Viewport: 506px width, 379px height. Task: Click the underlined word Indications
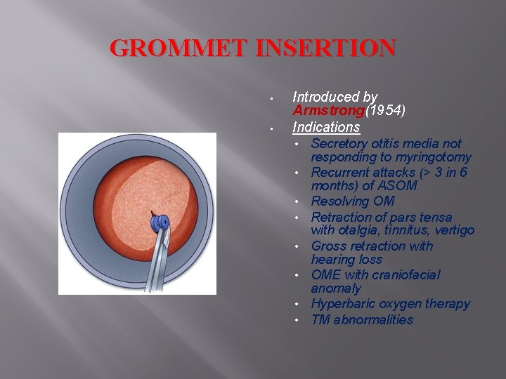tap(326, 128)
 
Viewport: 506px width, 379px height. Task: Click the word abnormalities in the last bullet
tap(373, 320)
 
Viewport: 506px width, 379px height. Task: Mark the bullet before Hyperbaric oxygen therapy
tap(298, 305)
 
